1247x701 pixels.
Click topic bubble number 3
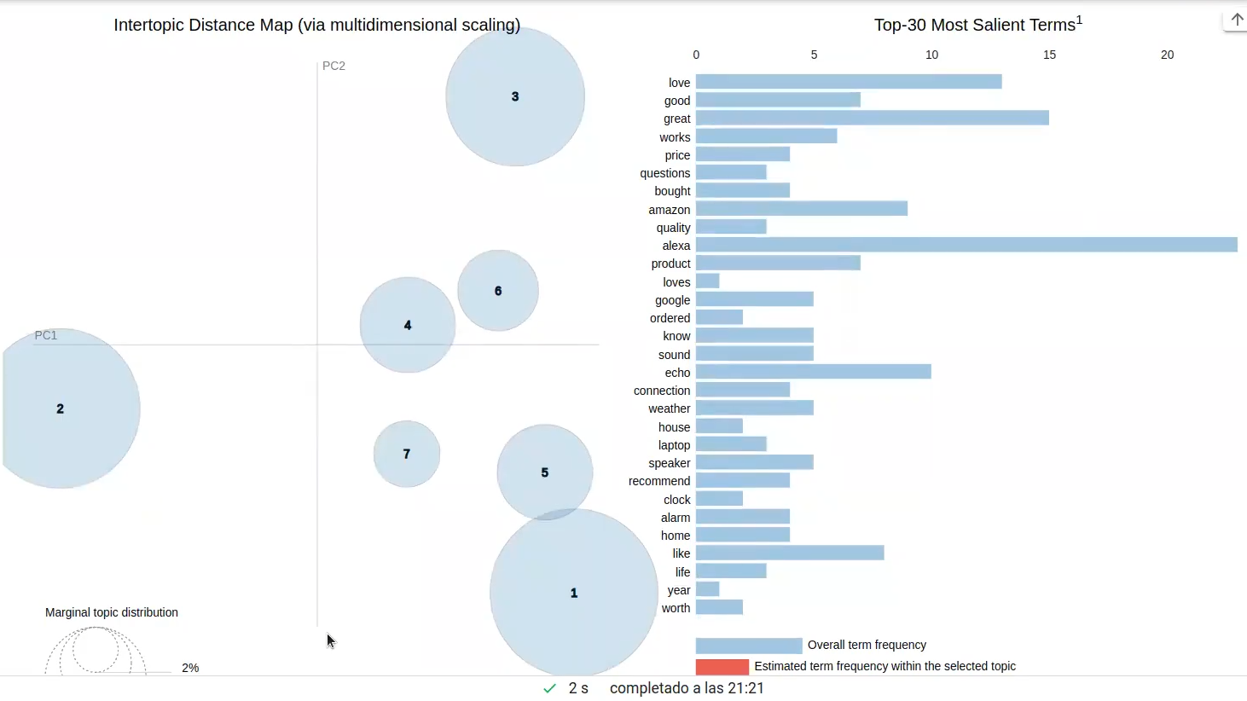[x=515, y=96]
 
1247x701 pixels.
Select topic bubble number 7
[x=407, y=454]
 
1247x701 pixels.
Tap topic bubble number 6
[x=498, y=291]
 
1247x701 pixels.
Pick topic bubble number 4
[x=408, y=325]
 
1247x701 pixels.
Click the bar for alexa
[x=966, y=246]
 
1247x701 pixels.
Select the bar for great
[x=872, y=119]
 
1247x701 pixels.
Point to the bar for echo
[x=813, y=373]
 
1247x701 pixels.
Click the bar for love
[x=848, y=82]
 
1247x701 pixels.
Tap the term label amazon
[x=669, y=210]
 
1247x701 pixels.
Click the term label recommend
[x=659, y=481]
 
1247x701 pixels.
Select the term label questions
[x=664, y=173]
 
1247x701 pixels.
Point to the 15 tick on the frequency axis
[x=1049, y=55]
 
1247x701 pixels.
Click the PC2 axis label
[x=333, y=66]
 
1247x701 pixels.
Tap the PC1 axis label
[x=46, y=335]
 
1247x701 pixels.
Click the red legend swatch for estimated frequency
[x=722, y=667]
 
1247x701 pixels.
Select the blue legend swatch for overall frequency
[x=748, y=646]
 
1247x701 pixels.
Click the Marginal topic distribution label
[x=112, y=612]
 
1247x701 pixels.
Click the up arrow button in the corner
[x=1236, y=20]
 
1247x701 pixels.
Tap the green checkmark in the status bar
[x=549, y=688]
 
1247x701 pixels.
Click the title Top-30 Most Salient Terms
[x=977, y=25]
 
